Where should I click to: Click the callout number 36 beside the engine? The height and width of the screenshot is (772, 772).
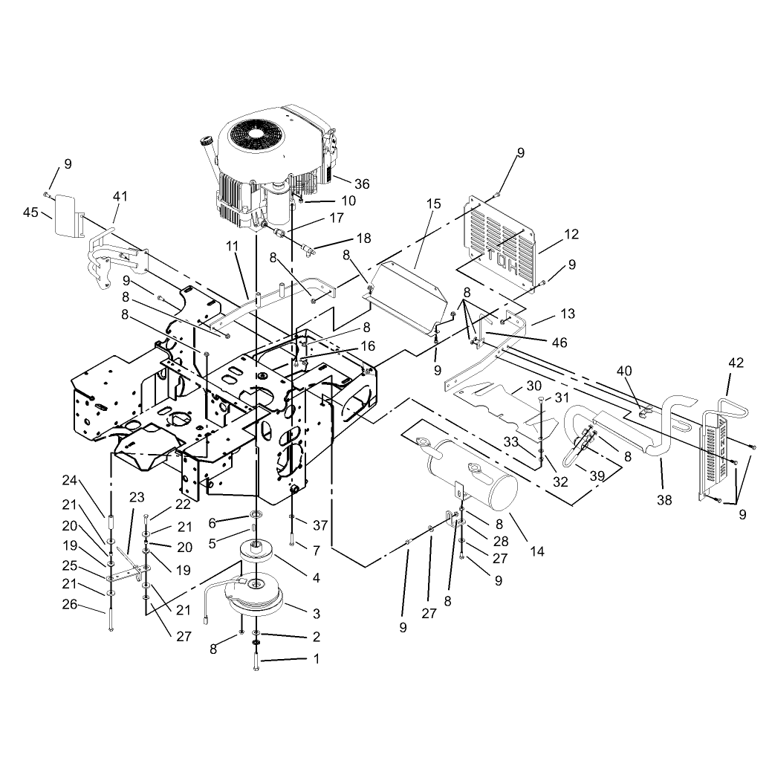(362, 184)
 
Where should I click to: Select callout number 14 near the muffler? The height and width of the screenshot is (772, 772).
(537, 551)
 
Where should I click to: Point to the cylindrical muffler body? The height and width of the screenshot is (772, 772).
(472, 474)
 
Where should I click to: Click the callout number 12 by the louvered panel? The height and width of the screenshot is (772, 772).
(571, 234)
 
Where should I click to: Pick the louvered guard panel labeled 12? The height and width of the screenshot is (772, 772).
(500, 241)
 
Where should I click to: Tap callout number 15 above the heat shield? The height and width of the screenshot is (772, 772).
(434, 204)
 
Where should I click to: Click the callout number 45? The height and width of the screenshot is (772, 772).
(30, 213)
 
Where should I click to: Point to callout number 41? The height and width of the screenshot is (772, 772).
(120, 196)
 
